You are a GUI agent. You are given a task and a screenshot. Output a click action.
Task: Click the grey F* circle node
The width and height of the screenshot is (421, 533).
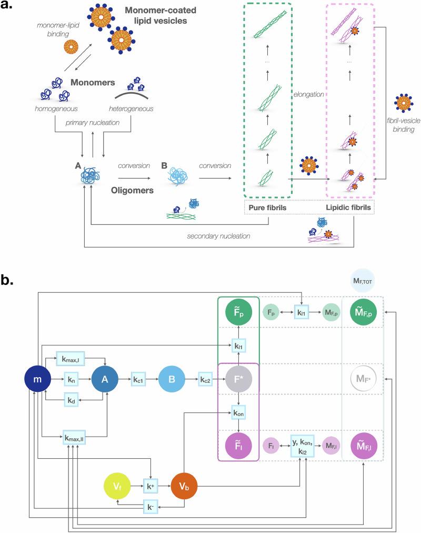coord(238,378)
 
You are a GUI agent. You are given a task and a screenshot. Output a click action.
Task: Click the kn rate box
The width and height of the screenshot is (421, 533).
coord(73,378)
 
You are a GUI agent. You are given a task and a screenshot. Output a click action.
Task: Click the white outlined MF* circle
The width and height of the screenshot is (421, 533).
coord(363,378)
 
